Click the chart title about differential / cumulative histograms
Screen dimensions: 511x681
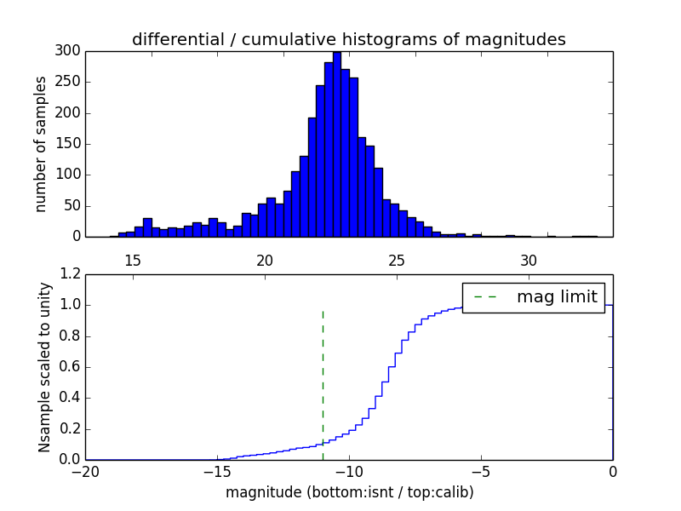(349, 39)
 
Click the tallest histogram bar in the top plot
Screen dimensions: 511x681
(336, 145)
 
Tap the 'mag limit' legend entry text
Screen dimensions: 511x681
(557, 297)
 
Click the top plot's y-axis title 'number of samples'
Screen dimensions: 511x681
(41, 144)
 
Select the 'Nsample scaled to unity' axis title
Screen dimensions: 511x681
(44, 367)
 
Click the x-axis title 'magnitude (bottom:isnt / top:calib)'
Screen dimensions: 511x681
(349, 492)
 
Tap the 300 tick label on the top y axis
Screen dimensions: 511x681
(69, 51)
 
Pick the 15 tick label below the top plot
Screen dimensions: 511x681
(133, 261)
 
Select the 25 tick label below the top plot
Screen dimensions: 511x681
(397, 261)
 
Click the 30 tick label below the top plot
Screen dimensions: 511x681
(529, 261)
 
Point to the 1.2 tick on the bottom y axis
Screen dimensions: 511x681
(71, 274)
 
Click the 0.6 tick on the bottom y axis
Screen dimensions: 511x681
(71, 367)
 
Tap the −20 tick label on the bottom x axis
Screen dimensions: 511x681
(85, 471)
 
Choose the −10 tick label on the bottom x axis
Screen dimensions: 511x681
(349, 471)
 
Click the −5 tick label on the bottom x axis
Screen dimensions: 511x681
(481, 471)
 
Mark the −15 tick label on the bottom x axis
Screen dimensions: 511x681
(217, 471)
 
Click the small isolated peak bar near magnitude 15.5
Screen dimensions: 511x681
(147, 227)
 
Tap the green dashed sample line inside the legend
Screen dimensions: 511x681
(484, 297)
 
